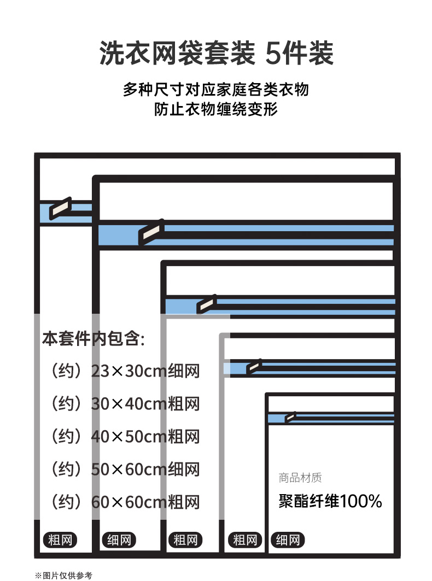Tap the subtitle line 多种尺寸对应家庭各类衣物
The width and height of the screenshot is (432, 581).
[216, 90]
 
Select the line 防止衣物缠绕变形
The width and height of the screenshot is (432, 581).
[216, 110]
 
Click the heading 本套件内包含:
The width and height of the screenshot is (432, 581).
[93, 339]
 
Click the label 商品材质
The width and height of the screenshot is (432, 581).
[300, 478]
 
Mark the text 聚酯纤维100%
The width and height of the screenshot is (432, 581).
[330, 501]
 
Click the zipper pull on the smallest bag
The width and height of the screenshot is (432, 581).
[290, 418]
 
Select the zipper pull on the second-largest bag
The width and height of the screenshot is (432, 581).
[151, 233]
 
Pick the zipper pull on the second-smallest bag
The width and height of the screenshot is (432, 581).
[254, 366]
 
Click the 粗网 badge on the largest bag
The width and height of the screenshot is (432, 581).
[60, 541]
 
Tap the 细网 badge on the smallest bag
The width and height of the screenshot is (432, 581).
[288, 541]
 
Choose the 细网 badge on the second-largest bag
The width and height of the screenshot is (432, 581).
[119, 541]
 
